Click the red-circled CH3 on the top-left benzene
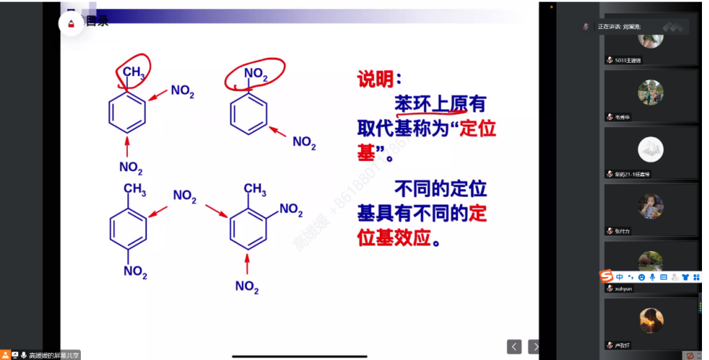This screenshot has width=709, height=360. pyautogui.click(x=134, y=71)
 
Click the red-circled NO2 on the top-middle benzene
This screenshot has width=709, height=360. pyautogui.click(x=255, y=72)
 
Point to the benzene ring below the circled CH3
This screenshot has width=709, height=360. pyautogui.click(x=127, y=112)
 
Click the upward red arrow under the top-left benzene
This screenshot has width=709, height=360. pyautogui.click(x=127, y=147)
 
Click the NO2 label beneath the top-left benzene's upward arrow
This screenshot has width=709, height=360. pyautogui.click(x=131, y=168)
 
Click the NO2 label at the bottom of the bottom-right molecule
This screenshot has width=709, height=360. pyautogui.click(x=247, y=286)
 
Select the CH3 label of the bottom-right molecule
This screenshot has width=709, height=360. pyautogui.click(x=254, y=190)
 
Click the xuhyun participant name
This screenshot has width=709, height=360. pyautogui.click(x=623, y=288)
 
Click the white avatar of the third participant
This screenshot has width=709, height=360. pyautogui.click(x=651, y=148)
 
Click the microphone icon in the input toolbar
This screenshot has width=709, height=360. pyautogui.click(x=653, y=277)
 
